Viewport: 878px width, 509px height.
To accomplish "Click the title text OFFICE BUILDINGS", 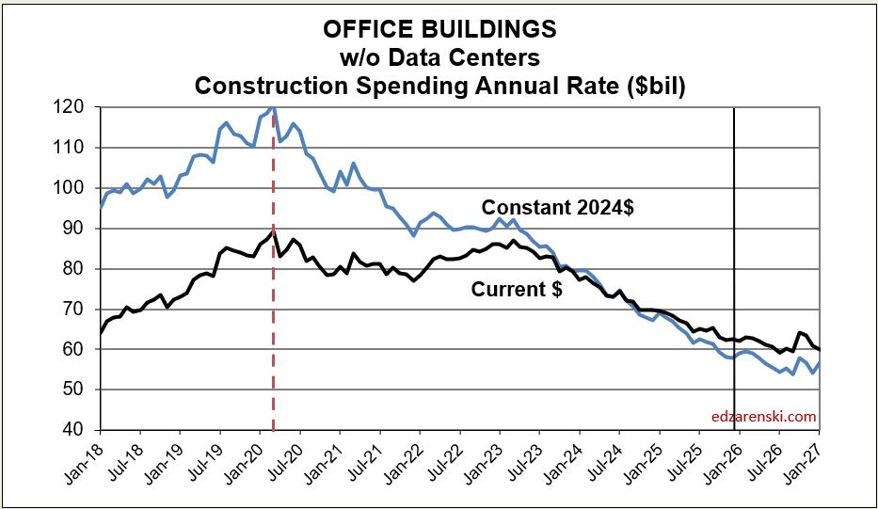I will click(x=439, y=29).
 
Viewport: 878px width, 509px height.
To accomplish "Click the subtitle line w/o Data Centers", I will click(x=439, y=57).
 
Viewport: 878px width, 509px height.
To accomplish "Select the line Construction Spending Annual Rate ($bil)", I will click(x=439, y=86).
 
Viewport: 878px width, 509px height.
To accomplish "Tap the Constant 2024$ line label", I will click(x=557, y=208).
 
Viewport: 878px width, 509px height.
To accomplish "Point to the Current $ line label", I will click(x=517, y=290).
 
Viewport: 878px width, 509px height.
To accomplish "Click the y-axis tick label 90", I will click(x=76, y=229).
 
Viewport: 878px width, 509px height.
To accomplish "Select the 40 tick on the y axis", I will click(x=76, y=430).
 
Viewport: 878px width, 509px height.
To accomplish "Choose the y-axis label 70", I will click(x=76, y=310).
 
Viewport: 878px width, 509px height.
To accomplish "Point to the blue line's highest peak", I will click(x=272, y=109).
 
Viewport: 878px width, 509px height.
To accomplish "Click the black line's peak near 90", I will click(x=272, y=230).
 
